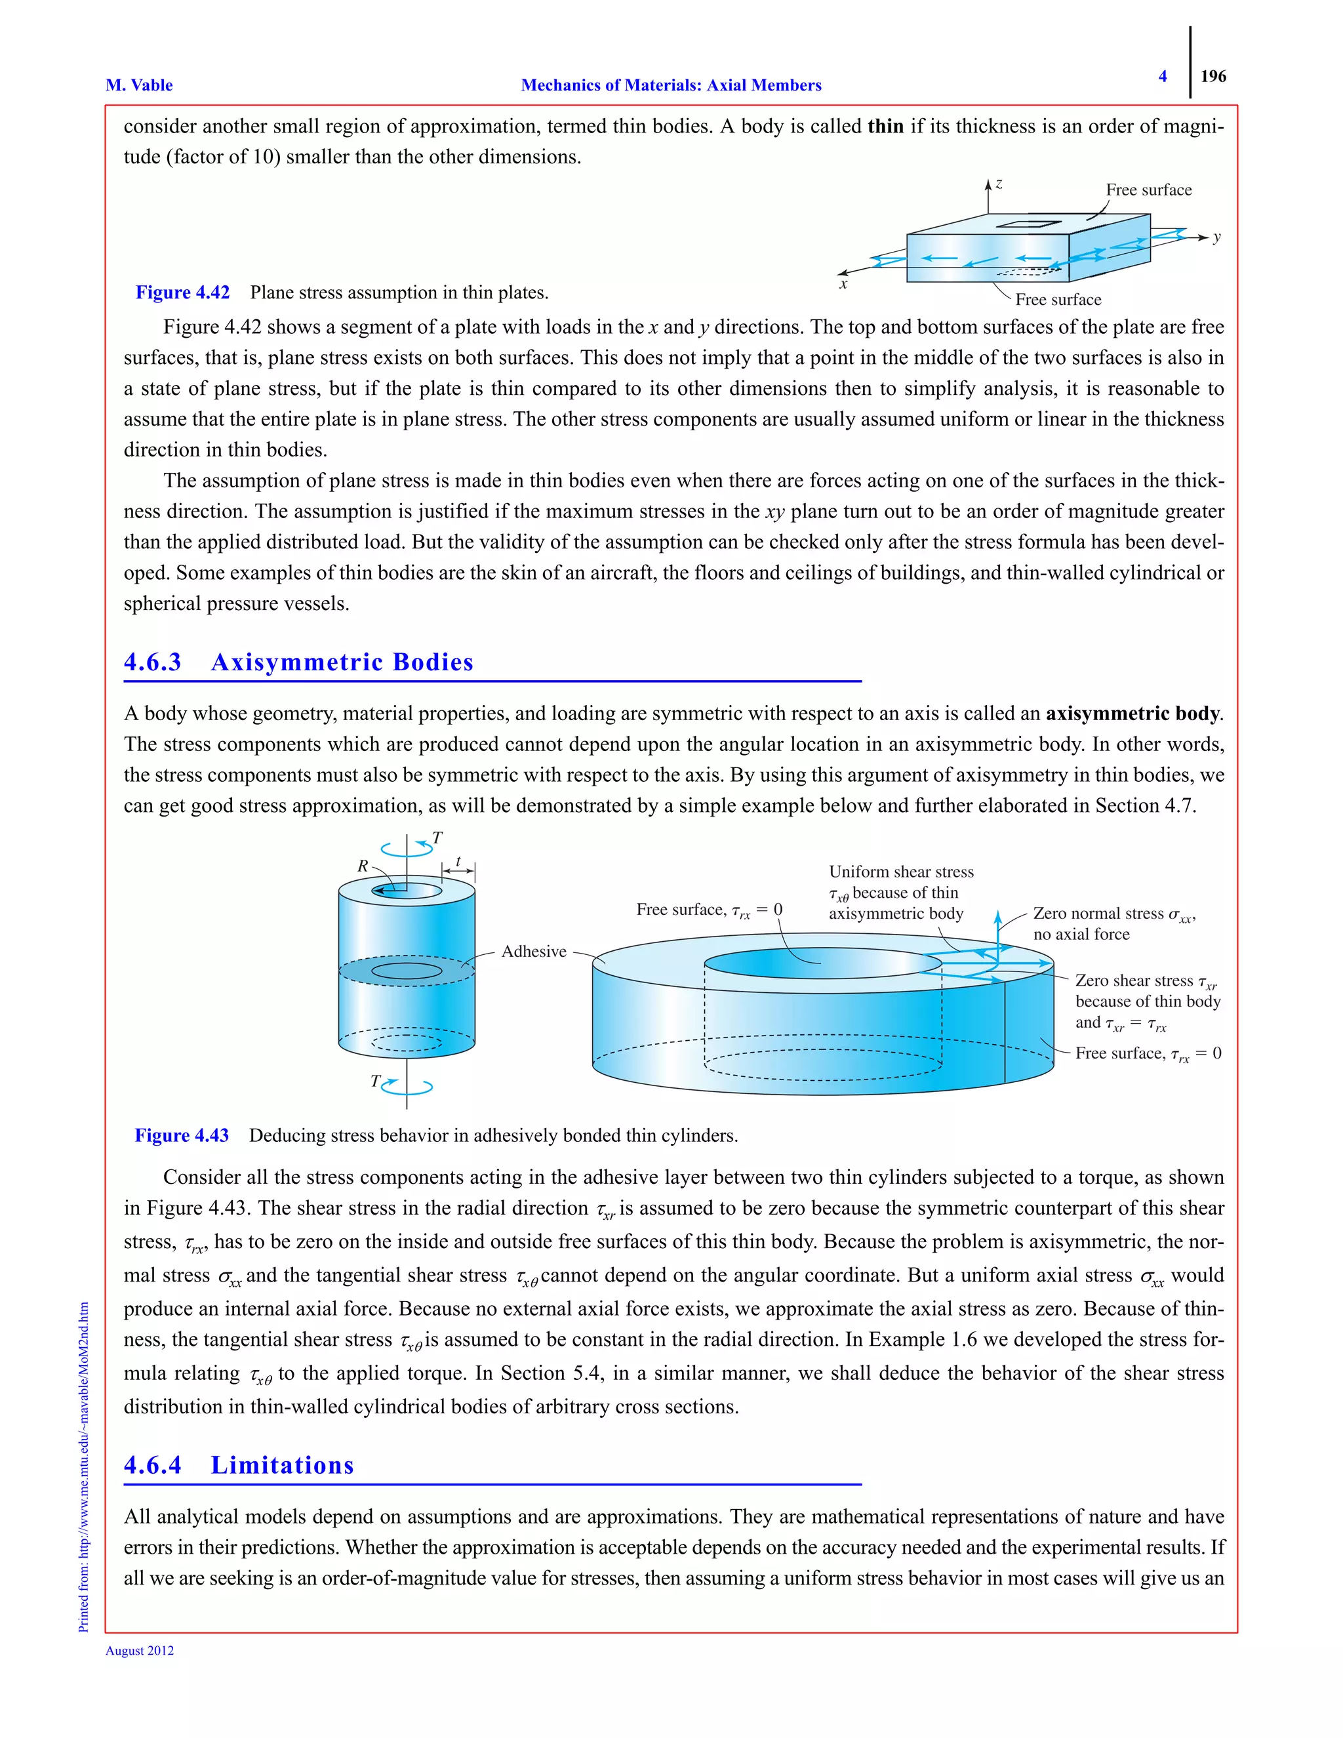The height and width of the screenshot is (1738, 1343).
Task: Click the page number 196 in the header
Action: (x=1213, y=76)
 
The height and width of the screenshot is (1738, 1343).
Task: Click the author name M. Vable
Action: (x=138, y=85)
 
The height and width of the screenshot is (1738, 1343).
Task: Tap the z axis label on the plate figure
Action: (x=999, y=184)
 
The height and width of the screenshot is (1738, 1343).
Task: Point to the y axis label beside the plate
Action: (x=1216, y=237)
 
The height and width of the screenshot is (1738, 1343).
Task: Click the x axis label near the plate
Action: (x=843, y=284)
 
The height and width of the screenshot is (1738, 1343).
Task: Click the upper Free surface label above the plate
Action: (x=1148, y=190)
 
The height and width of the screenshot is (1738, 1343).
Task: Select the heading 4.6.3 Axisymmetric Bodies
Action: (x=298, y=662)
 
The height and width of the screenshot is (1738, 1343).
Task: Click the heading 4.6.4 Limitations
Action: (x=239, y=1465)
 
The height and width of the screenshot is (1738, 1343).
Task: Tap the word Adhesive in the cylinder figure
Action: (x=534, y=951)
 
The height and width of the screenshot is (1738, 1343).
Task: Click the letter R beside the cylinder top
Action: (x=363, y=866)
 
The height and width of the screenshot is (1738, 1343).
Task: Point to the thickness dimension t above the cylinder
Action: (x=458, y=861)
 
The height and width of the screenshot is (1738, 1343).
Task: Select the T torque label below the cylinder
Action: (x=376, y=1081)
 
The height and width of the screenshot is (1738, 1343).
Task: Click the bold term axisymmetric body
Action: (x=1133, y=713)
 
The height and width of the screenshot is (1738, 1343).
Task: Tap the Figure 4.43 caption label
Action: (x=182, y=1135)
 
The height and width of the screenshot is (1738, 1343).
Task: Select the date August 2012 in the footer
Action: (x=140, y=1651)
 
